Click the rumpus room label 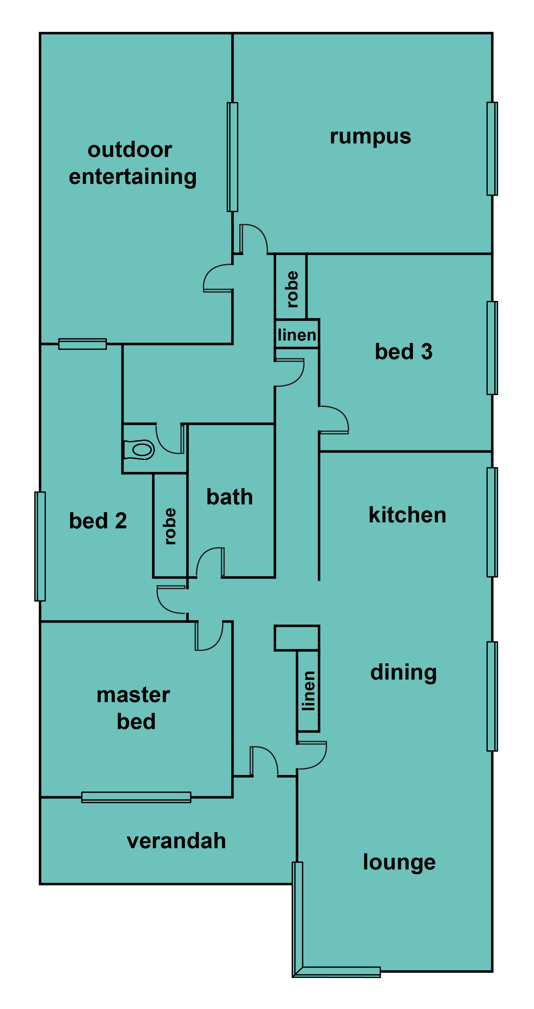(370, 137)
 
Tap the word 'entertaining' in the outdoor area (133, 177)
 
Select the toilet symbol (139, 450)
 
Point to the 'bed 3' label (404, 351)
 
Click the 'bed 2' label (98, 521)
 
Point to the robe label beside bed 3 (292, 289)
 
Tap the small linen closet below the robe (297, 335)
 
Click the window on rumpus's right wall (492, 149)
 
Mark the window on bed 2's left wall (40, 546)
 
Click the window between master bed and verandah (136, 797)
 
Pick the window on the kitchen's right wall (492, 522)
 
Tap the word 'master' (133, 695)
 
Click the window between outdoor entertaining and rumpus (233, 157)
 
